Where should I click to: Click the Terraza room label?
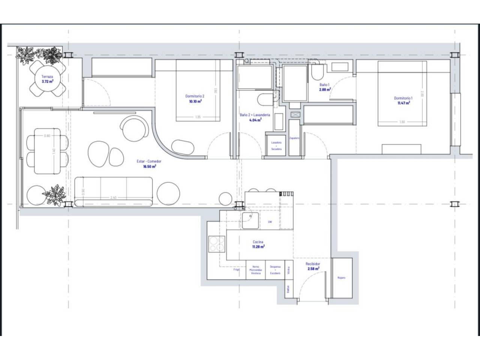tap(47, 76)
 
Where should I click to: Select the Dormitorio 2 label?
tap(195, 96)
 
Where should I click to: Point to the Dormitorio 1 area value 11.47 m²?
tap(403, 102)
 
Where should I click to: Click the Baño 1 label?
tap(324, 85)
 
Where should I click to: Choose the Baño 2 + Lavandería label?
tap(255, 115)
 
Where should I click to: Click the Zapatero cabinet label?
tap(295, 138)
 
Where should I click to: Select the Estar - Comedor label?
tap(149, 161)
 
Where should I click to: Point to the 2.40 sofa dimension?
tap(113, 198)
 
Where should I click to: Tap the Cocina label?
tap(258, 242)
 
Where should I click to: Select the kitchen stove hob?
tap(216, 244)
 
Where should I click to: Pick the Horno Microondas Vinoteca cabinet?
tap(256, 270)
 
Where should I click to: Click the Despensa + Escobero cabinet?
tap(275, 270)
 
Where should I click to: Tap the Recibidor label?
tap(313, 264)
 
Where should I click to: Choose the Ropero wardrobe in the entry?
tap(341, 277)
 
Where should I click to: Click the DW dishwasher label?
tap(270, 222)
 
